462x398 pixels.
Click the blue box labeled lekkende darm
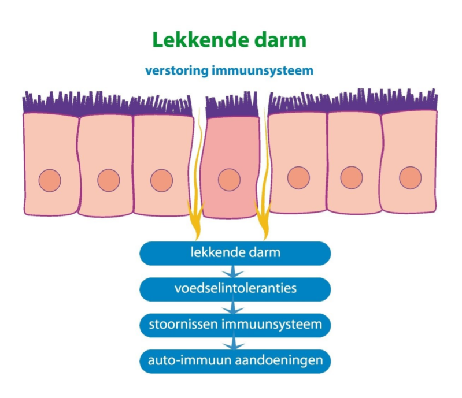(235, 252)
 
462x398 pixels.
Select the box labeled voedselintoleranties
(235, 288)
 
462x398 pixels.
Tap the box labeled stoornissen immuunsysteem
(235, 325)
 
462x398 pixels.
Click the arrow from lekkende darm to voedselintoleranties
(234, 270)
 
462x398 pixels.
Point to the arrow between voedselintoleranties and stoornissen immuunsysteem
(234, 306)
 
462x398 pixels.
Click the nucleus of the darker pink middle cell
(229, 180)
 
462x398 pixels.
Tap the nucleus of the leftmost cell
(49, 180)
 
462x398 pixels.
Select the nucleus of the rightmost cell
(410, 177)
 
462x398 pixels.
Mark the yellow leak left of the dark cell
(194, 214)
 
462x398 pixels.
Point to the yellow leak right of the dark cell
(263, 217)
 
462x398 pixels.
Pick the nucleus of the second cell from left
(108, 181)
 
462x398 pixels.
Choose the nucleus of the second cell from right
(352, 177)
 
